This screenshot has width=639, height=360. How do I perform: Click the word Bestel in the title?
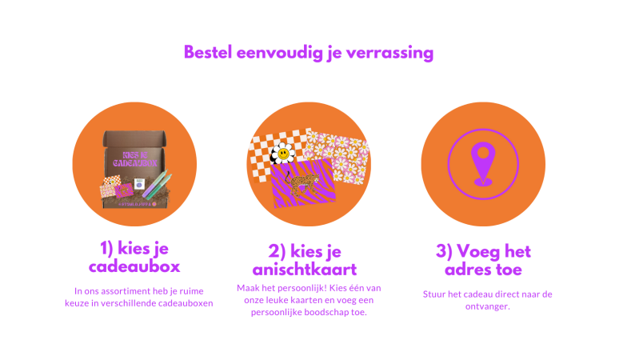208,52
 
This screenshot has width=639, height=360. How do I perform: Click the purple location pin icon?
483,164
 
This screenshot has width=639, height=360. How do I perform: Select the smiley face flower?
282,154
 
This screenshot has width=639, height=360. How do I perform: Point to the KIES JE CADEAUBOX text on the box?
135,159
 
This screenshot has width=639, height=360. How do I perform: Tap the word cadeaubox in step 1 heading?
134,266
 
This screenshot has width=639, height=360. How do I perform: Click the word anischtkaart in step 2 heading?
305,270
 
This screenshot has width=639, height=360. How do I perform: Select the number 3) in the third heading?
444,251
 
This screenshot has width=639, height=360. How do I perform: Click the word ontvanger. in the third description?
487,306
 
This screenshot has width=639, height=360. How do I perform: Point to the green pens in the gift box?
157,184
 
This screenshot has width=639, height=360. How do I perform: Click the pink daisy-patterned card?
337,157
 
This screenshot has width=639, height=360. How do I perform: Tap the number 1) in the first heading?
106,248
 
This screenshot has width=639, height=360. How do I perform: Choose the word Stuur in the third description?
433,294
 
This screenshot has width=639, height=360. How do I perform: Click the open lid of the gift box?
134,139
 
